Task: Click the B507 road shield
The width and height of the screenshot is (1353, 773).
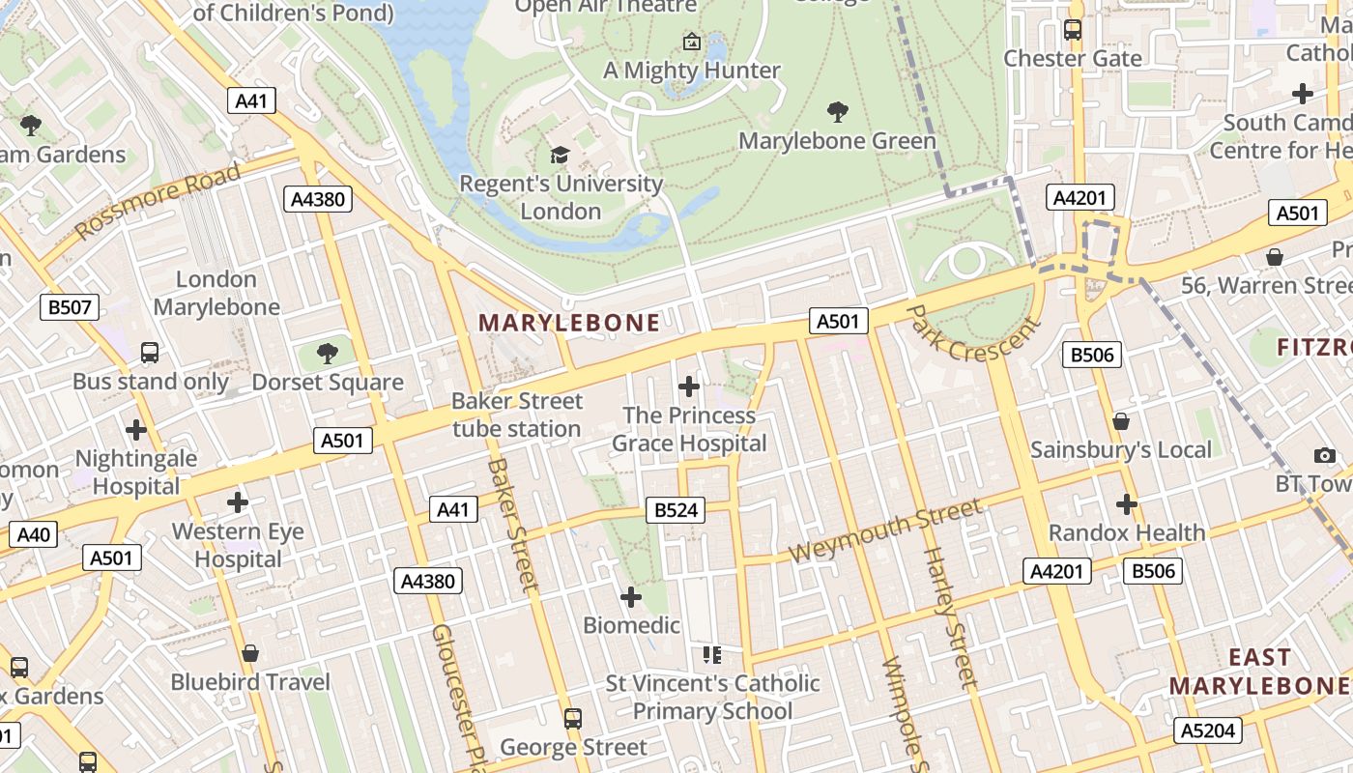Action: click(71, 308)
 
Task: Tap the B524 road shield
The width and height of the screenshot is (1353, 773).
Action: click(676, 510)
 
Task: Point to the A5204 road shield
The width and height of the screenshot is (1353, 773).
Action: click(1208, 730)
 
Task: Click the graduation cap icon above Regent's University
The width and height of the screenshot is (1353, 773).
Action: click(560, 156)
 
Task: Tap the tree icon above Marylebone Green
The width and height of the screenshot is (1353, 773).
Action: click(837, 112)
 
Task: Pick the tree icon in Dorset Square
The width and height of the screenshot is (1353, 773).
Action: click(328, 354)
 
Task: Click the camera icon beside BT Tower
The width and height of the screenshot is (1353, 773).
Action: click(1324, 455)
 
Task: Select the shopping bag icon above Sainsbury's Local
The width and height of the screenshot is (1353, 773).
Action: click(1121, 421)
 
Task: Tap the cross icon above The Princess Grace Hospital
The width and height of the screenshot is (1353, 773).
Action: click(689, 387)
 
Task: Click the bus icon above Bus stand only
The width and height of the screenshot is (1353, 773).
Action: click(150, 353)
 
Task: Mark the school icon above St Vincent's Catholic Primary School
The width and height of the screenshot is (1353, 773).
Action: click(712, 656)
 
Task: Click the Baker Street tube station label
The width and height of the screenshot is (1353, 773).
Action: click(517, 415)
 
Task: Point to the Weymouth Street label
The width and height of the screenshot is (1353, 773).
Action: click(885, 530)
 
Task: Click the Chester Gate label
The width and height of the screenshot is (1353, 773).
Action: click(1073, 58)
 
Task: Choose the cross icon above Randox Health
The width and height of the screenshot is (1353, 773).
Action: click(1127, 504)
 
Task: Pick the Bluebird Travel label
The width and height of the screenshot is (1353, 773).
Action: click(250, 682)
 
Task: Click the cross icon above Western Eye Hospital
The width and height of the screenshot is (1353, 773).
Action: click(238, 502)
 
